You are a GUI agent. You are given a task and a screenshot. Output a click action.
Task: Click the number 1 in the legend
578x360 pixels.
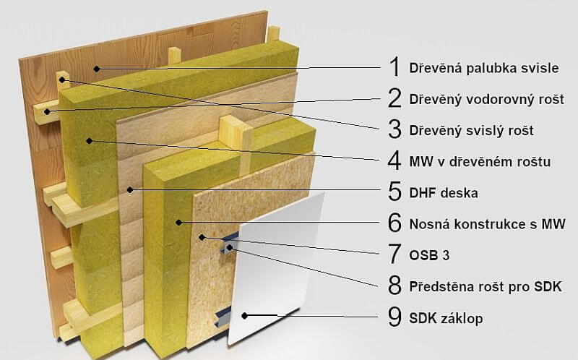coord(394,67)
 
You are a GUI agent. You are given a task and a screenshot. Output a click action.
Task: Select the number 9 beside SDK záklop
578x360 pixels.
coord(394,317)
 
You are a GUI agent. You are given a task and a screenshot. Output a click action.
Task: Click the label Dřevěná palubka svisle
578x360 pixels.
coord(483,69)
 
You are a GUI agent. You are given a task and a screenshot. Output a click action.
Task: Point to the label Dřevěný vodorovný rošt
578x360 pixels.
coord(486,99)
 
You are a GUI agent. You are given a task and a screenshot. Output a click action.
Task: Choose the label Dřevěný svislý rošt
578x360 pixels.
coord(471,131)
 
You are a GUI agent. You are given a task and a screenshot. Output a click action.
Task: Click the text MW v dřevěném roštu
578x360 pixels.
coord(479,162)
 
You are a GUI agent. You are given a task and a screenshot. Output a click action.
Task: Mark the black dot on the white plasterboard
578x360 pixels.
coord(246,315)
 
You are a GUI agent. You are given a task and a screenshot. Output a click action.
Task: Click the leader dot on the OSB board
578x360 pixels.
coord(205,236)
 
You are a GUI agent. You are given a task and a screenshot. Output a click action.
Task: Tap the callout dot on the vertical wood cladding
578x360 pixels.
coord(95,68)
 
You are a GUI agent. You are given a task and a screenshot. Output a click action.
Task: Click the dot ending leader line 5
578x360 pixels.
coord(129,189)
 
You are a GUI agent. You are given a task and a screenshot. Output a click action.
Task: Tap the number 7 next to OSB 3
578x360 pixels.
coord(394,254)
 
